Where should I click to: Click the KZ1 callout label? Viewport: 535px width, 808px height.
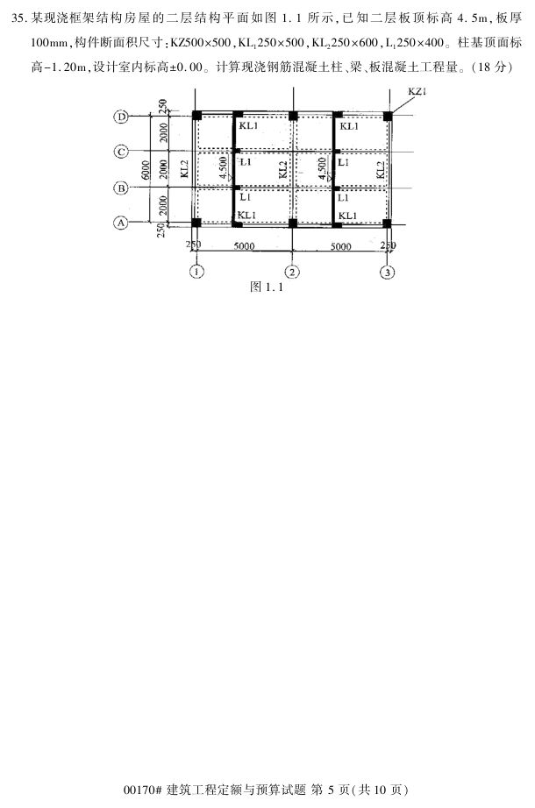click(x=419, y=92)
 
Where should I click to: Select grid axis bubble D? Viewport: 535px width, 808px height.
click(x=123, y=116)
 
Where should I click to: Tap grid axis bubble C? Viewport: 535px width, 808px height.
click(x=123, y=152)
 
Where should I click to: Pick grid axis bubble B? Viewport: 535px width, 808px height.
click(x=123, y=187)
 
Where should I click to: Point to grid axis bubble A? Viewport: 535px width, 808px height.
click(x=123, y=223)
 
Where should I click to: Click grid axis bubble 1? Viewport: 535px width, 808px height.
click(x=198, y=272)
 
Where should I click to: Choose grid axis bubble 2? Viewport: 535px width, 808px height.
click(x=293, y=272)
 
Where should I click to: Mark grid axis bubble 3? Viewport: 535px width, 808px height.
click(x=388, y=272)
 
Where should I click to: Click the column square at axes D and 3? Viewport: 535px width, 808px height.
click(x=388, y=116)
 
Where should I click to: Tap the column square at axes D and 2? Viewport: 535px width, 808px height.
click(x=293, y=116)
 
